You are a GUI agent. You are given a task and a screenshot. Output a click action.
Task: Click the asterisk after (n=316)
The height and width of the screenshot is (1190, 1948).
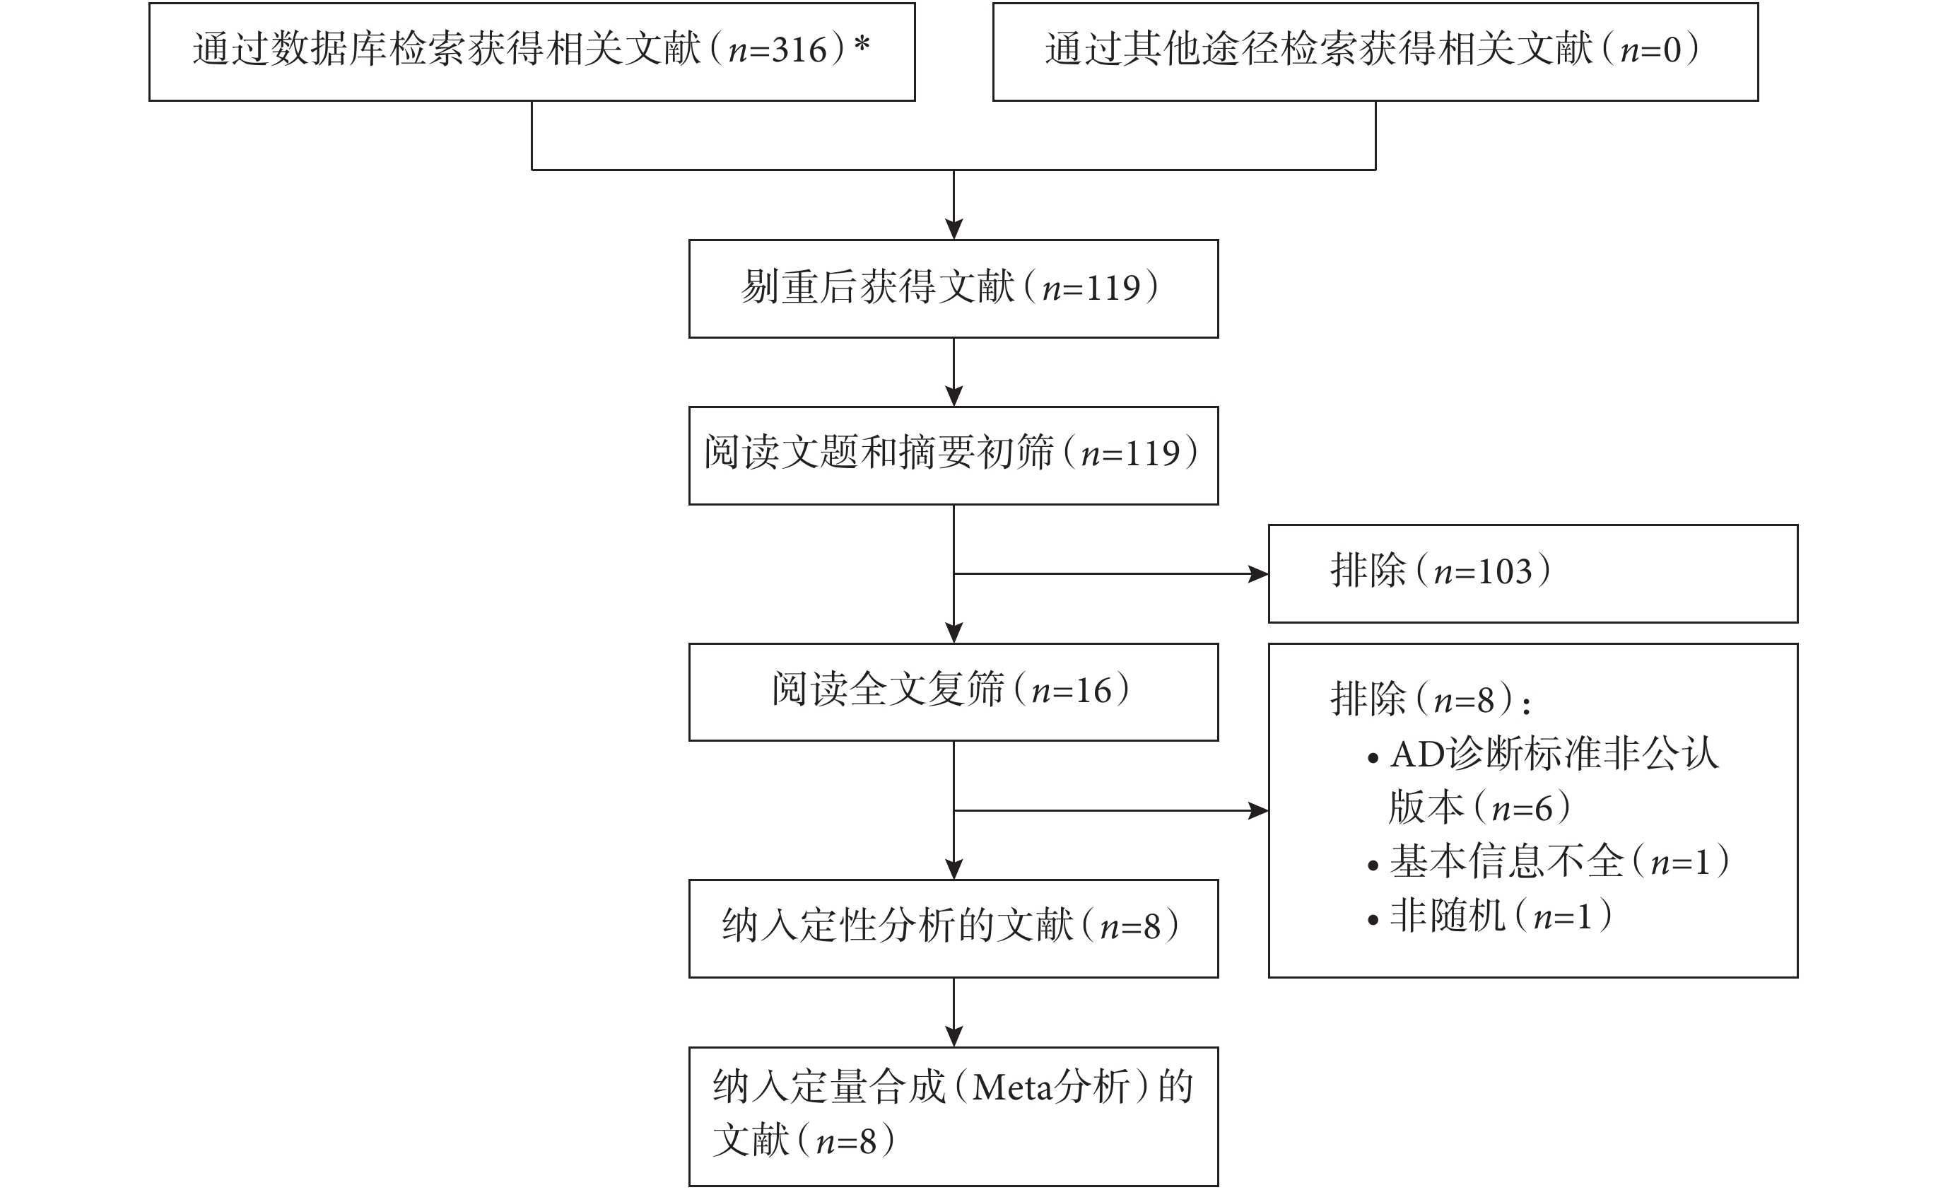[862, 45]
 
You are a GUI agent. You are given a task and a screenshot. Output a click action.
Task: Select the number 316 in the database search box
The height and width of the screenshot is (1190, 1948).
[800, 49]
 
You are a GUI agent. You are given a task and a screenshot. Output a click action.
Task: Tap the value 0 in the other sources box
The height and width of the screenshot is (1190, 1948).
[1672, 49]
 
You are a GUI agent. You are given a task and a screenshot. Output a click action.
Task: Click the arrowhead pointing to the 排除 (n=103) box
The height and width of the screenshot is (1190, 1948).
[1259, 573]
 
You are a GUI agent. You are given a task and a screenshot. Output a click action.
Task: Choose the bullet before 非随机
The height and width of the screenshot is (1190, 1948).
[1373, 920]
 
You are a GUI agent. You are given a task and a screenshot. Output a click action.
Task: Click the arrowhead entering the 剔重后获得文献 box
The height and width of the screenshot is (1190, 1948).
[954, 229]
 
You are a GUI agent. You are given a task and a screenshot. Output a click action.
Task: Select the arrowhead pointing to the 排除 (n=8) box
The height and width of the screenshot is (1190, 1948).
[1259, 810]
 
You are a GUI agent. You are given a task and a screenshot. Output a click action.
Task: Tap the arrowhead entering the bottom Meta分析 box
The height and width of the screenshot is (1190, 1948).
[954, 1037]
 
